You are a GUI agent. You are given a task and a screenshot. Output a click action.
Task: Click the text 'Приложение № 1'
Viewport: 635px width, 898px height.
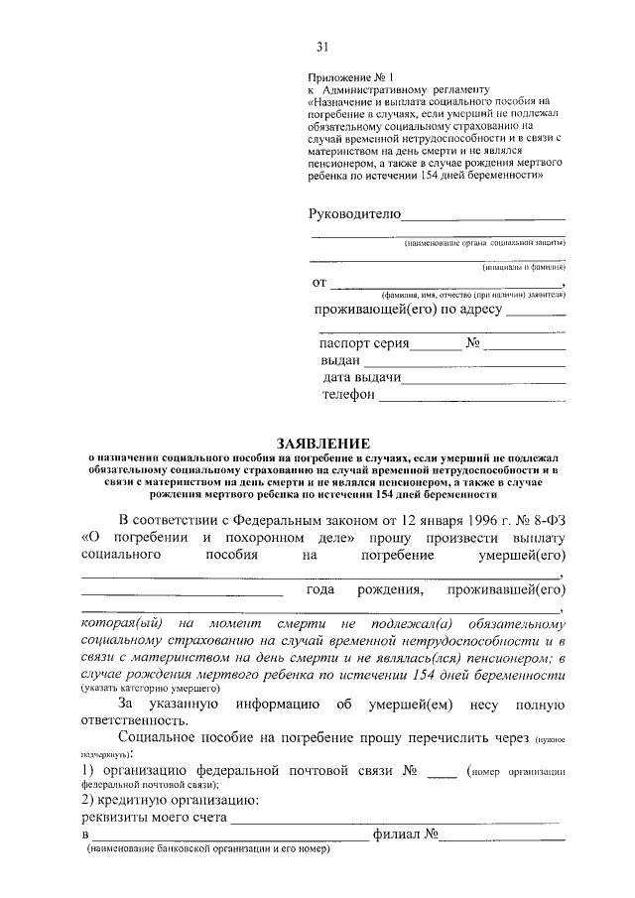pyautogui.click(x=351, y=75)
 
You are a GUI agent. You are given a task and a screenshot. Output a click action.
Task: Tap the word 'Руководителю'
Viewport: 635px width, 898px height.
pyautogui.click(x=354, y=213)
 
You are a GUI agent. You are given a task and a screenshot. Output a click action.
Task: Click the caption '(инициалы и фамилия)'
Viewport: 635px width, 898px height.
pyautogui.click(x=524, y=267)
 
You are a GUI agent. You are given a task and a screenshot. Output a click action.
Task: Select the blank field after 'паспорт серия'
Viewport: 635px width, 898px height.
pyautogui.click(x=437, y=346)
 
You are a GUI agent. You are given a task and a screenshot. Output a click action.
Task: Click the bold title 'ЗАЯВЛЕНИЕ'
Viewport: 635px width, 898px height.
pyautogui.click(x=322, y=443)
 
